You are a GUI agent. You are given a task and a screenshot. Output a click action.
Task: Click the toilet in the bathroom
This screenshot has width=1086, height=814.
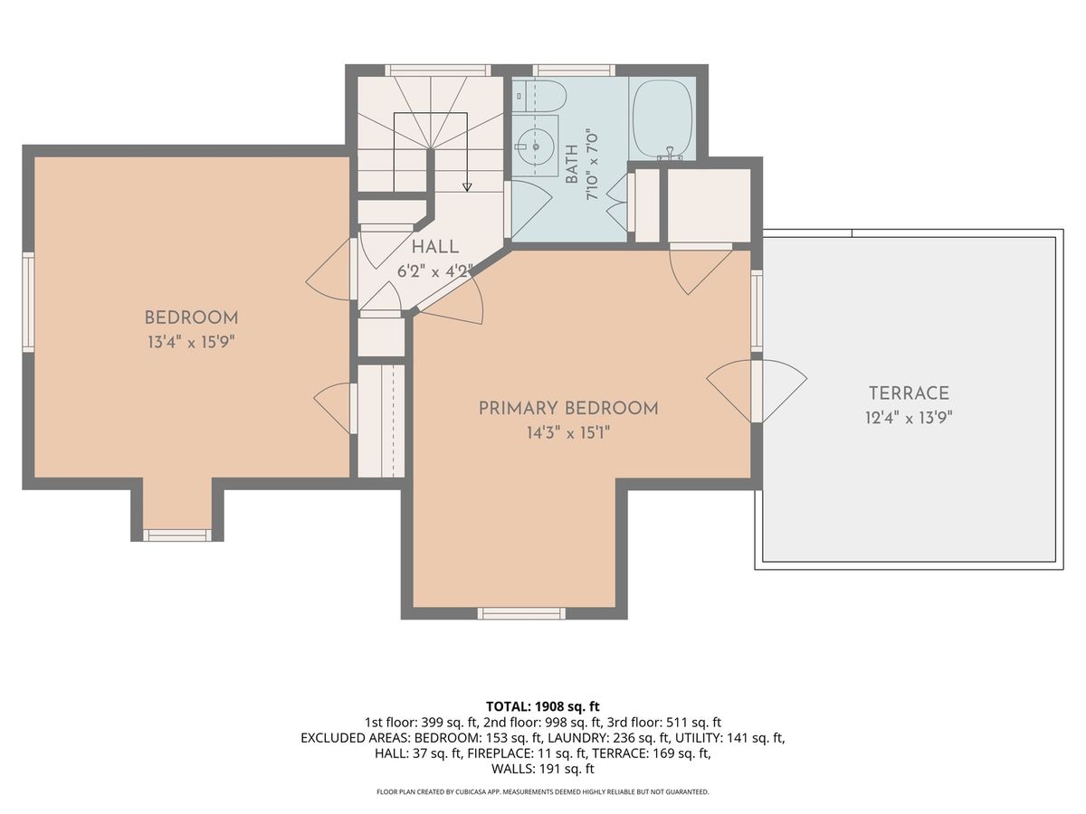click(x=539, y=97)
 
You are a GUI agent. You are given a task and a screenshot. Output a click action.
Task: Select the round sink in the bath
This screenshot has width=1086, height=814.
click(x=536, y=147)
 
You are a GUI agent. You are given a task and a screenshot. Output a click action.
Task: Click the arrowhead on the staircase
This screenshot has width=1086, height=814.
click(x=467, y=187)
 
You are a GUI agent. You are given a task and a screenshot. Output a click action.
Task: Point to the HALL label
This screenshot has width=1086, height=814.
click(x=435, y=247)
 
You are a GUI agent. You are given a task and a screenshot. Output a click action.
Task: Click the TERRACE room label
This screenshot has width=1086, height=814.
click(x=910, y=393)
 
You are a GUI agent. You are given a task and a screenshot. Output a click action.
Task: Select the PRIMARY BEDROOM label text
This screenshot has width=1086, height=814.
click(x=568, y=409)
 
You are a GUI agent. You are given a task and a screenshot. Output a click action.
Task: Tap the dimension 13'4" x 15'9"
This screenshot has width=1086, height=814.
click(x=190, y=342)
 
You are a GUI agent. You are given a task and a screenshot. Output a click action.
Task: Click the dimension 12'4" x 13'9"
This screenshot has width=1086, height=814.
click(x=909, y=418)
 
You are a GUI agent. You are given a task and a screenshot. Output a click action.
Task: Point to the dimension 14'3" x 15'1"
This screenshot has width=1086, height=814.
click(x=568, y=433)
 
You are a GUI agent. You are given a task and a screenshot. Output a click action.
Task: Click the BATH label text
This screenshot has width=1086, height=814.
click(x=572, y=165)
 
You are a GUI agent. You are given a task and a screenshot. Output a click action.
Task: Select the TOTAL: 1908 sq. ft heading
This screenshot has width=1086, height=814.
click(x=543, y=706)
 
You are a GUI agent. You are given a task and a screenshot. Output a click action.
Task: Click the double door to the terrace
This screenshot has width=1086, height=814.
click(x=757, y=392)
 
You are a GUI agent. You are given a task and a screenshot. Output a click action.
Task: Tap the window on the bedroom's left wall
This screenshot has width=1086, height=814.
click(x=28, y=302)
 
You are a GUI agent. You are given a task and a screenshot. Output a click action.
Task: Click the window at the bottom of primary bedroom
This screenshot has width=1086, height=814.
click(x=521, y=613)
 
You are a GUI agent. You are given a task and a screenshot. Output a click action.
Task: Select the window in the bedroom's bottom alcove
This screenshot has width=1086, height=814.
click(x=177, y=535)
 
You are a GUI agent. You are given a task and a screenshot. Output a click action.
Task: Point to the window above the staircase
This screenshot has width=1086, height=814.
click(x=439, y=71)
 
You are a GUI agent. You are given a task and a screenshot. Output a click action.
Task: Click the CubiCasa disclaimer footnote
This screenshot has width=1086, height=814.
click(x=543, y=791)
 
